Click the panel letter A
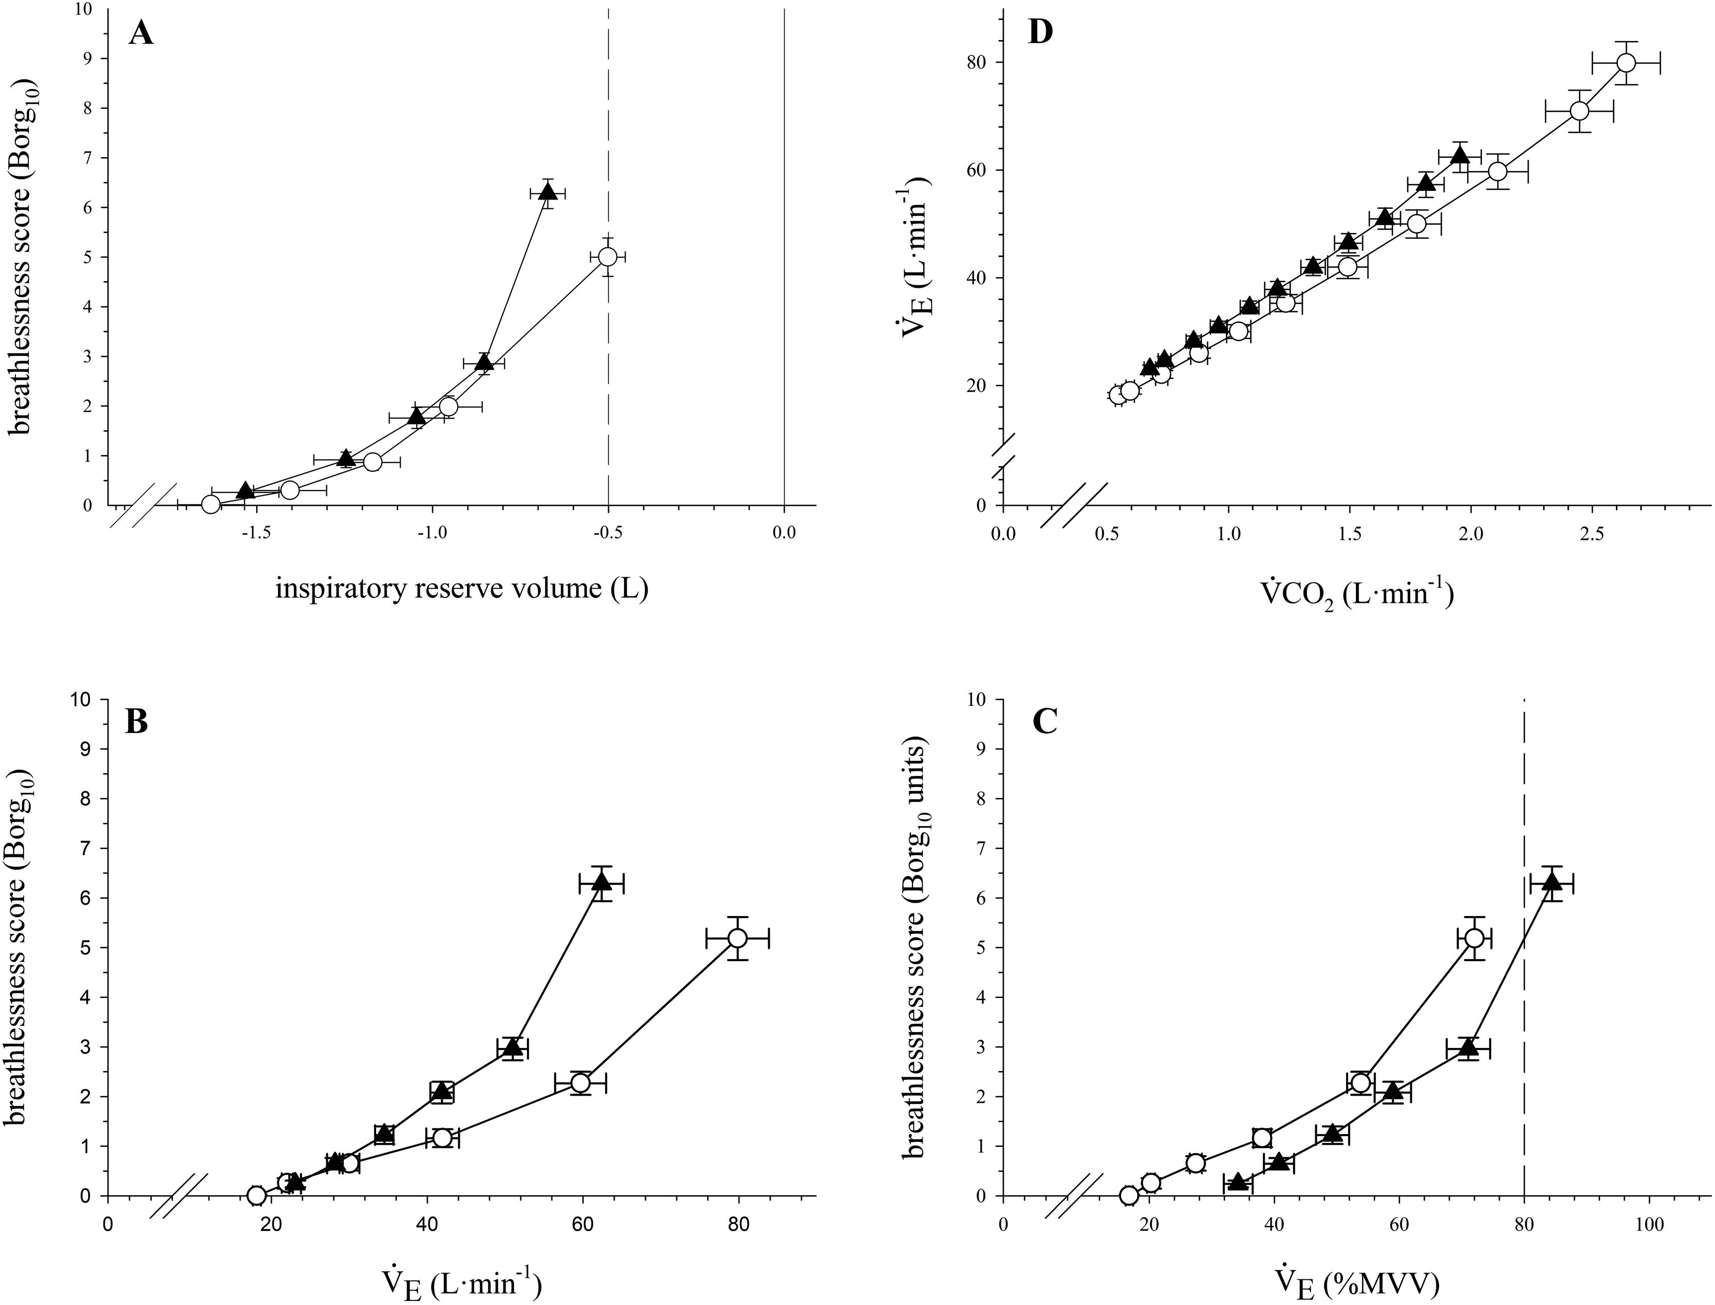pyautogui.click(x=141, y=35)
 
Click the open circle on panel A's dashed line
pyautogui.click(x=608, y=257)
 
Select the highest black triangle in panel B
pyautogui.click(x=602, y=883)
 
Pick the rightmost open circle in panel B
pyautogui.click(x=737, y=939)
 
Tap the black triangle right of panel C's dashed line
pyautogui.click(x=1551, y=883)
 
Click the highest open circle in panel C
pyautogui.click(x=1473, y=939)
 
